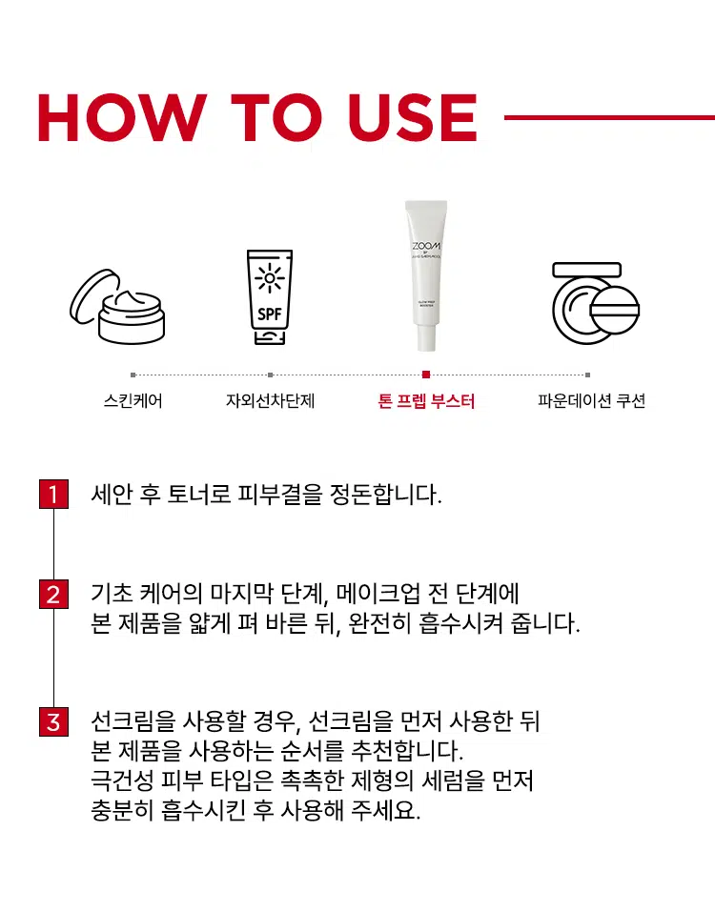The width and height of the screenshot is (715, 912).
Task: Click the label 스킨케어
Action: [133, 401]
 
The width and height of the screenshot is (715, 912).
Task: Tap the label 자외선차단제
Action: [270, 401]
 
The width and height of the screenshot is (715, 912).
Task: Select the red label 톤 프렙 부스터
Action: [426, 401]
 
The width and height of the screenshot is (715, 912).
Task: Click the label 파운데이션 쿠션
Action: [591, 401]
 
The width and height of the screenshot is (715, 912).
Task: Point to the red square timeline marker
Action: [426, 375]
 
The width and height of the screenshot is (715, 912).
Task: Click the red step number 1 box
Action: [53, 495]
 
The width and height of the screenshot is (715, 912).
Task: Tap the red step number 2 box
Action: [53, 596]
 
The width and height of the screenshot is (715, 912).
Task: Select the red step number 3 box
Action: [53, 721]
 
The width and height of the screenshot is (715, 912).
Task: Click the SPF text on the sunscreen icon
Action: [271, 314]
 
